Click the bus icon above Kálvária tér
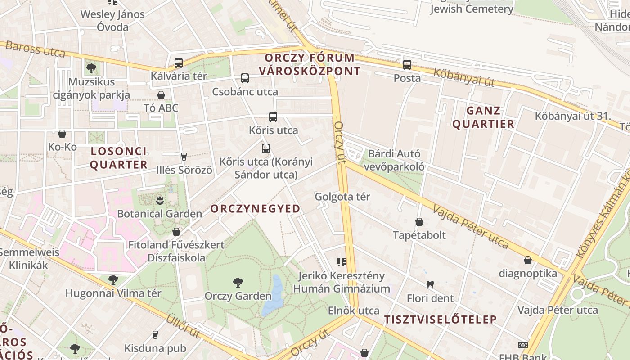point(178,63)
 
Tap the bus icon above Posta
point(407,65)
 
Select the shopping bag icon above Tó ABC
point(161,95)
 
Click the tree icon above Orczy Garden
point(238,283)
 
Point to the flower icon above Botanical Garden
point(159,200)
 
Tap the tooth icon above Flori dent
point(430,284)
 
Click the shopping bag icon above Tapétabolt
point(419,222)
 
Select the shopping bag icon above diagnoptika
point(528,260)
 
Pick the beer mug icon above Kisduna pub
point(155,335)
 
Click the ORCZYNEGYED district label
point(255,209)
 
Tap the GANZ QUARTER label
point(483,117)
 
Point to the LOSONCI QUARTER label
point(119,158)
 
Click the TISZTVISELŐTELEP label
point(440,319)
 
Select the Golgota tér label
point(342,197)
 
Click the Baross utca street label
point(36,49)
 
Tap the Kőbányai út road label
point(464,77)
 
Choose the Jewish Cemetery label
point(472,9)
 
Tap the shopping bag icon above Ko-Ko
point(62,134)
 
